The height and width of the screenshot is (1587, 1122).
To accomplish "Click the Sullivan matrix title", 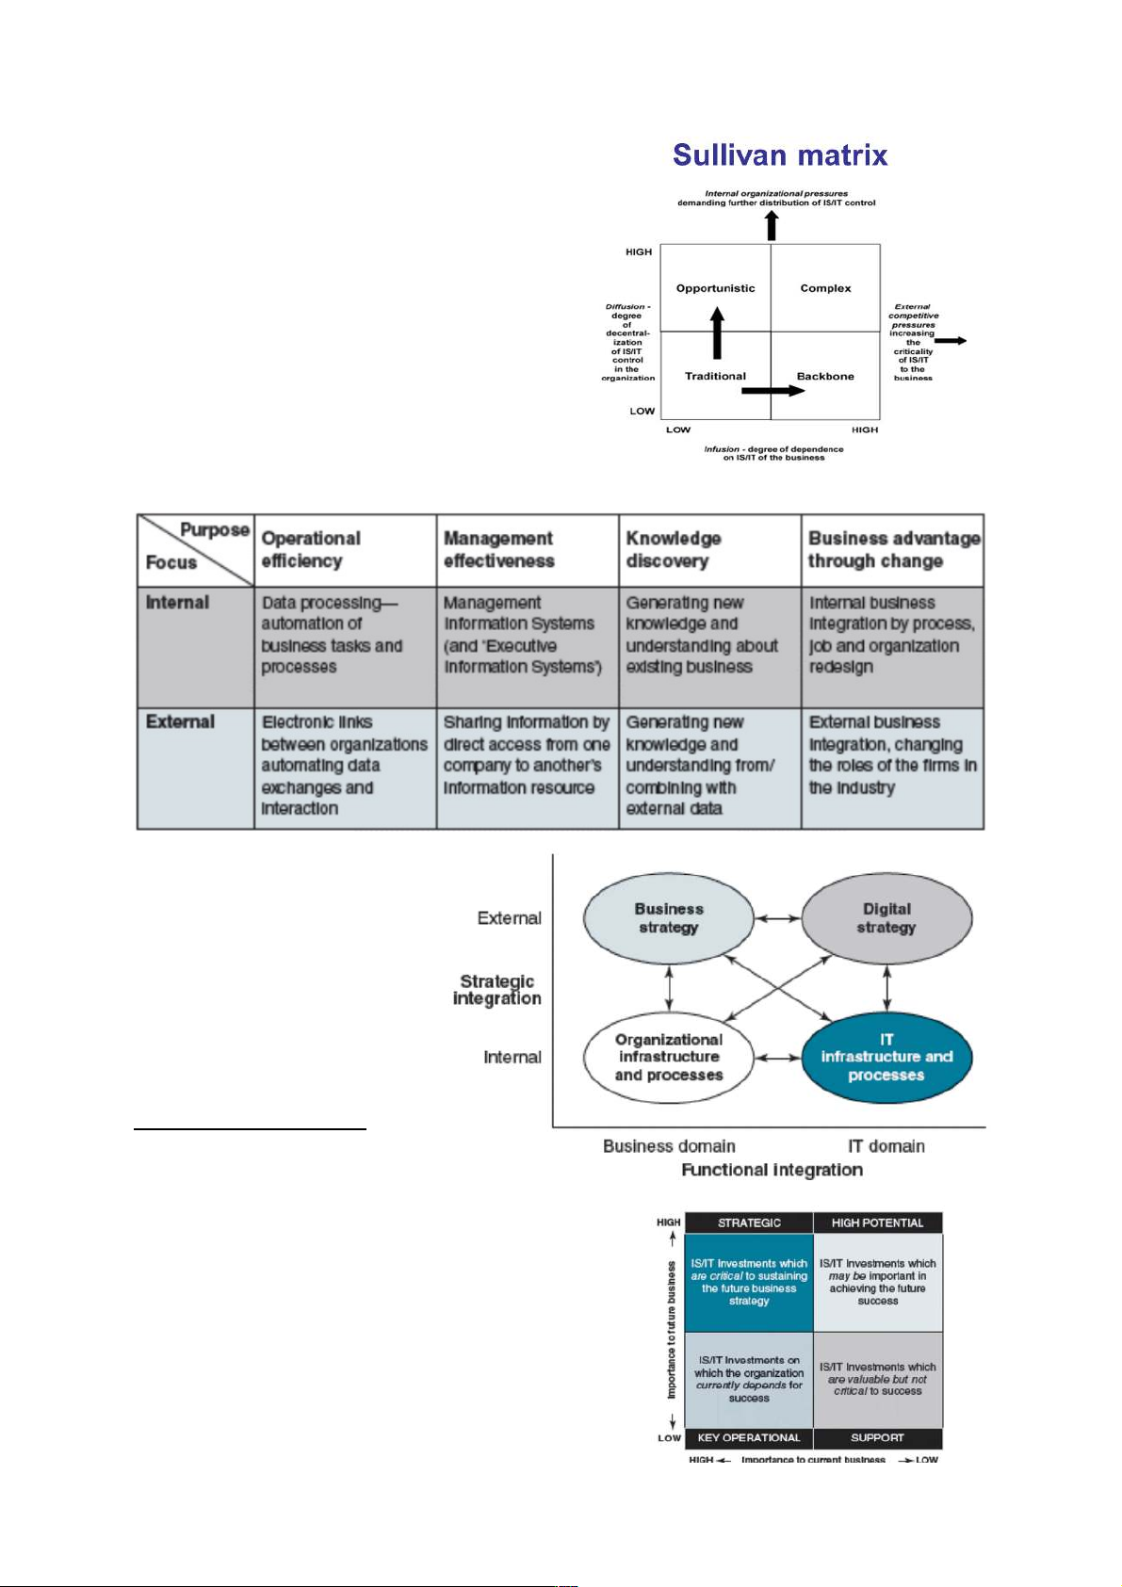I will coord(780,155).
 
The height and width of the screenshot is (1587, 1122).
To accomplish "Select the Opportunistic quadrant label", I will coord(715,288).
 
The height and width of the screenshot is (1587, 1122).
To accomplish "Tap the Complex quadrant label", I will coord(825,288).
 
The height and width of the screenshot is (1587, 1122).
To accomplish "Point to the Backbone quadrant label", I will coord(825,376).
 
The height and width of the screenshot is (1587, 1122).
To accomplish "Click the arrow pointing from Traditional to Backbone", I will coord(772,390).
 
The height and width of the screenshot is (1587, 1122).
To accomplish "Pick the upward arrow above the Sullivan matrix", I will coord(772,226).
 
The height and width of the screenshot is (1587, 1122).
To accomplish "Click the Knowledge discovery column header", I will coord(674,549).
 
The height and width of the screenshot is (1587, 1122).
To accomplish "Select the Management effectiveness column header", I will coord(499,549).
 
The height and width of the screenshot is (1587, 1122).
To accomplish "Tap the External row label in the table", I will coord(180,721).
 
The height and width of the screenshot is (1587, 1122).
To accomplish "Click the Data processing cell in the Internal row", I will coord(332,635).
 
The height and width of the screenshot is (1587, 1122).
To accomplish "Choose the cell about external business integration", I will coord(892,754).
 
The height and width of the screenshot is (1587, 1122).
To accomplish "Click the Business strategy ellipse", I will coord(669,918).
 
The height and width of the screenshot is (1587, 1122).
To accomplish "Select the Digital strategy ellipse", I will coord(886,918).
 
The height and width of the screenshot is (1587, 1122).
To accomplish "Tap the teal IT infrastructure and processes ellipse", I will coord(886,1057).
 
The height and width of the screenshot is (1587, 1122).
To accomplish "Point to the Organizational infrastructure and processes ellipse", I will coord(669,1057).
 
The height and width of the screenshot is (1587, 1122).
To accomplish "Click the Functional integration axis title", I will coord(772,1170).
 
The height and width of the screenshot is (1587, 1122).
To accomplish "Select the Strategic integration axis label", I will coord(497,990).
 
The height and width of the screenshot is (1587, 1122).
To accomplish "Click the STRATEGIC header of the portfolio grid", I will coord(749,1223).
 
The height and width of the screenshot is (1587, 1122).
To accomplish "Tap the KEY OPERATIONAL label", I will coord(749,1437).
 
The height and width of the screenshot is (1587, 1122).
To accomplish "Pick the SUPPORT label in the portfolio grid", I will coord(877,1437).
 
